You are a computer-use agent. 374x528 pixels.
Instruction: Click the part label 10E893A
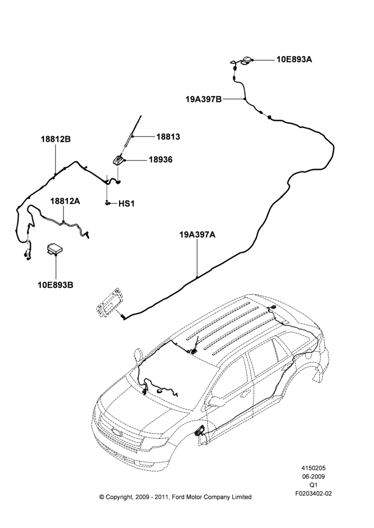(x=294, y=60)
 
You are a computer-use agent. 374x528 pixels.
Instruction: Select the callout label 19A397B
(x=203, y=99)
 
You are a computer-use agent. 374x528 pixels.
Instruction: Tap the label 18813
(x=168, y=137)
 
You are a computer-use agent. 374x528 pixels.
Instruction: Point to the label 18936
(x=161, y=159)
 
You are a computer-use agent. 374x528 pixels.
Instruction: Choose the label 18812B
(x=56, y=139)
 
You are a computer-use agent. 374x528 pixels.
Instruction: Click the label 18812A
(x=65, y=201)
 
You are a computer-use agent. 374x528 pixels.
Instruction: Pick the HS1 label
(x=126, y=204)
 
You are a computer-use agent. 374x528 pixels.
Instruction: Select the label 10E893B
(x=55, y=285)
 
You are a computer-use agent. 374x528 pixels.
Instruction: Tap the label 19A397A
(x=197, y=235)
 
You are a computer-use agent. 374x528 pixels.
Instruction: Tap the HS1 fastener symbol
(x=107, y=203)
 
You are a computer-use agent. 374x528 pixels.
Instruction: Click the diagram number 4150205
(x=313, y=468)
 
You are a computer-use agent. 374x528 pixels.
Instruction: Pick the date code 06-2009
(x=313, y=476)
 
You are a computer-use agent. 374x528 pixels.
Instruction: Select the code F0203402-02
(x=313, y=493)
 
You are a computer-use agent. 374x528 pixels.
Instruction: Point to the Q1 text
(x=313, y=485)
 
